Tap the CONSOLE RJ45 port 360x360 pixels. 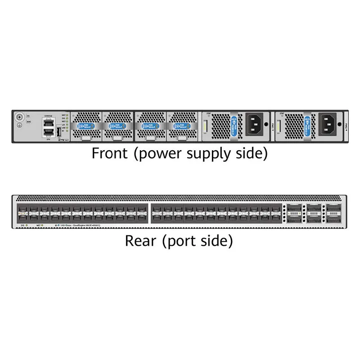(48, 122)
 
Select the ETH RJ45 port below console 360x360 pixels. (48, 132)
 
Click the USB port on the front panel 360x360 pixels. (59, 132)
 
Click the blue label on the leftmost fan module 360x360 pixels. (86, 127)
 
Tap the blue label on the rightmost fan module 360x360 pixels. (182, 127)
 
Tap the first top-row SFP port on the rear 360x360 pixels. (22, 208)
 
